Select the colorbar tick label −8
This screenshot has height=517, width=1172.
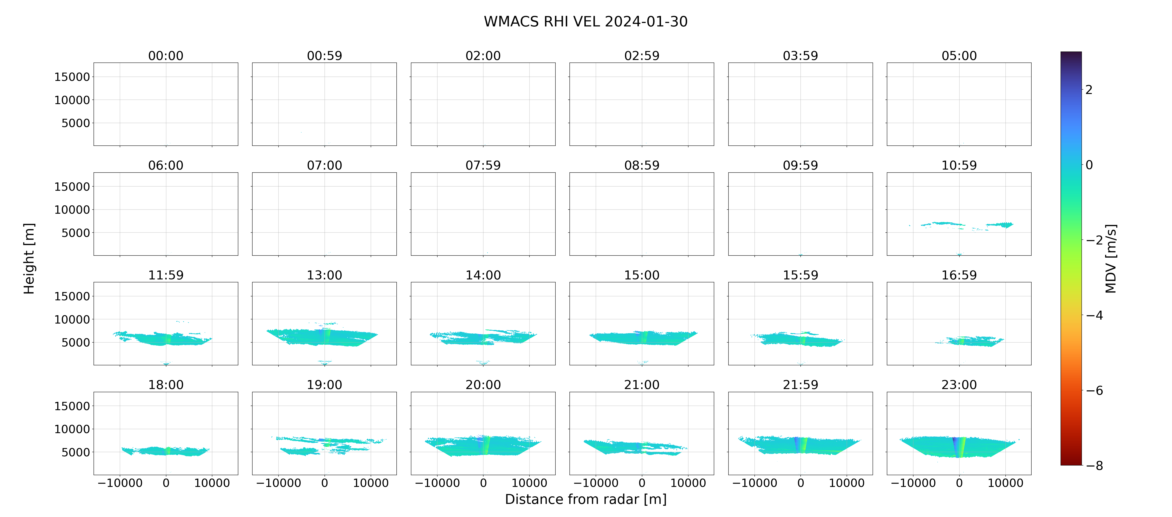pos(1095,466)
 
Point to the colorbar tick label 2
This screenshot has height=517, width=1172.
pos(1089,90)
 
